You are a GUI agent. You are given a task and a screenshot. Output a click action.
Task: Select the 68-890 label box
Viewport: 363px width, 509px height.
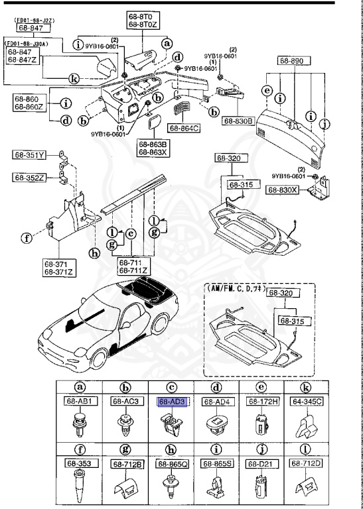(x=291, y=60)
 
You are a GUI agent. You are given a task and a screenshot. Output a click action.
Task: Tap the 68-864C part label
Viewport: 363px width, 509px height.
(x=184, y=127)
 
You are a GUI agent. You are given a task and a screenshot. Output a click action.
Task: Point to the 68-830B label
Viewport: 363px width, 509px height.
(x=238, y=121)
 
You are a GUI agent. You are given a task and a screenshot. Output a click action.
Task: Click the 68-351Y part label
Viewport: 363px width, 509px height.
(x=29, y=156)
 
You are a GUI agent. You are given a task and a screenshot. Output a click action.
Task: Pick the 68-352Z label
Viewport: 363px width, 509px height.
(x=29, y=177)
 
